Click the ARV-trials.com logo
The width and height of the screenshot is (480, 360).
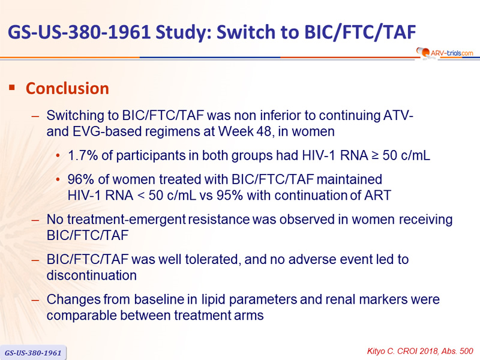[445, 53]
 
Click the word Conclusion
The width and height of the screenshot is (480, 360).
[67, 88]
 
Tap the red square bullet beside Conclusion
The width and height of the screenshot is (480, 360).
[12, 88]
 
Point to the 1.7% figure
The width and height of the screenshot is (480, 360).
[83, 155]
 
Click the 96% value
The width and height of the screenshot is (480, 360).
[80, 179]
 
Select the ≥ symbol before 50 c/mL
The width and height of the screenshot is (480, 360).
[375, 155]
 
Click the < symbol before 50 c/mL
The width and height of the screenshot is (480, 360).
[141, 196]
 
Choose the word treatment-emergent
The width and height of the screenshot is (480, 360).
[126, 220]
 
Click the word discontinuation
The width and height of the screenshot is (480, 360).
[92, 275]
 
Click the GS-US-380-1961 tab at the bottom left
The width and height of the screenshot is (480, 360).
[33, 353]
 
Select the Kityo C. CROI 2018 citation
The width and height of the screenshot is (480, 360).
[421, 351]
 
